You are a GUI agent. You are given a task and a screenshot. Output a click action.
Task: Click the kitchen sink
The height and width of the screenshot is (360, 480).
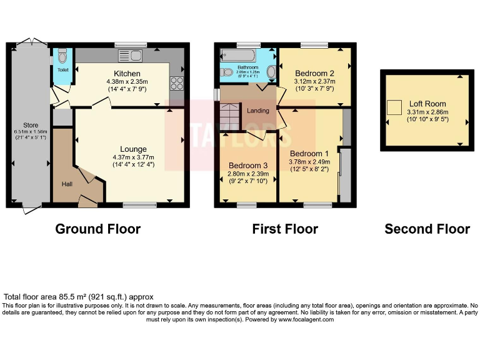pyautogui.click(x=132, y=56)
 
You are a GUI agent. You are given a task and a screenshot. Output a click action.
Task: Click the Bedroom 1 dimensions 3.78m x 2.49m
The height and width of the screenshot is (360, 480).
pyautogui.click(x=309, y=162)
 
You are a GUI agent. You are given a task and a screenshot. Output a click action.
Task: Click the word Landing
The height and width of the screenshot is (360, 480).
pyautogui.click(x=258, y=111)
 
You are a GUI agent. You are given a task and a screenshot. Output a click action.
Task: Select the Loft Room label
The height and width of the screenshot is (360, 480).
pyautogui.click(x=427, y=104)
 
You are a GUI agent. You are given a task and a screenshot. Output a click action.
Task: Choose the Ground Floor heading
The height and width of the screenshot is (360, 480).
pyautogui.click(x=97, y=229)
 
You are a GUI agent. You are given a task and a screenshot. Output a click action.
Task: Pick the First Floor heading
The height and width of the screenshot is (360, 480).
pyautogui.click(x=285, y=229)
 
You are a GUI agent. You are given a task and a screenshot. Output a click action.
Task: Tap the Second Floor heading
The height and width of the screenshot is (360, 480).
pyautogui.click(x=427, y=229)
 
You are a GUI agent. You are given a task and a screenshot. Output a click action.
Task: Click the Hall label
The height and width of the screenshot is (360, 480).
pyautogui.click(x=67, y=184)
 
